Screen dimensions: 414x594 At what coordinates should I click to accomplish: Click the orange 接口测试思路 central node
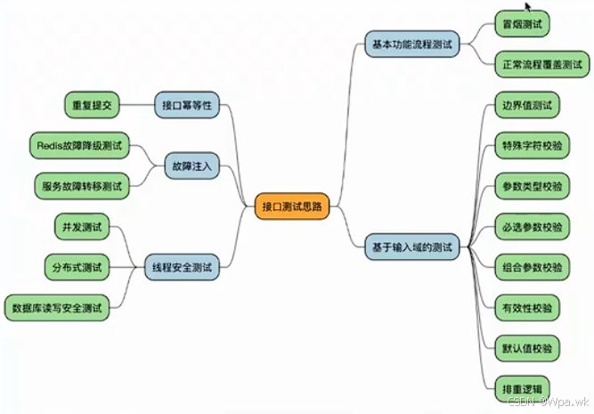[x=290, y=207]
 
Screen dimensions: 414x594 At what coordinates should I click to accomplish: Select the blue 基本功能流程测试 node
[x=411, y=44]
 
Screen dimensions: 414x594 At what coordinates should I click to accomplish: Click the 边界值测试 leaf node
[x=525, y=105]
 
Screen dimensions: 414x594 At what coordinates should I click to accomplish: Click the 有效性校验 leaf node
[x=525, y=308]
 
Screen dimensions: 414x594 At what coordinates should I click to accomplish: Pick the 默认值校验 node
[x=525, y=348]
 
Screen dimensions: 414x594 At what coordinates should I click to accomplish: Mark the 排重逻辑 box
[x=520, y=388]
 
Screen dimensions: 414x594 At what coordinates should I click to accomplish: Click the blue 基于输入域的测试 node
[x=411, y=248]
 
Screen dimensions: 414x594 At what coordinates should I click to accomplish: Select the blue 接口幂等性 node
[x=187, y=104]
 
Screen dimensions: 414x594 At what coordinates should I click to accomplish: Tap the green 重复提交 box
[x=93, y=104]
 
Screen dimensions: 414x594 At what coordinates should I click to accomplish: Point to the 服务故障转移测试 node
[x=80, y=187]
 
